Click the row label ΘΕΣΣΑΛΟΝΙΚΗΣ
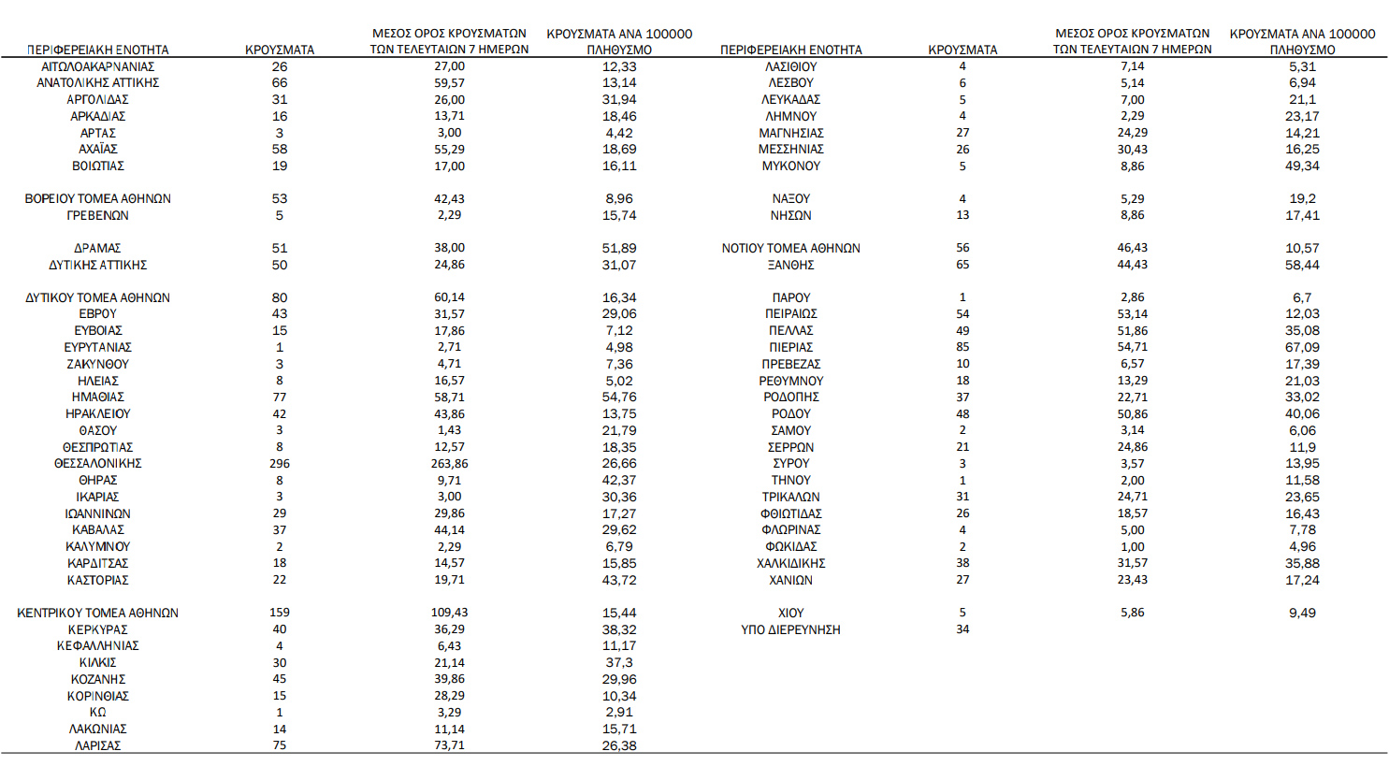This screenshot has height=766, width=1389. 97,464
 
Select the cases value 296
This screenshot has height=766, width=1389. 279,464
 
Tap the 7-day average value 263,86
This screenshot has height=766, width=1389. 449,464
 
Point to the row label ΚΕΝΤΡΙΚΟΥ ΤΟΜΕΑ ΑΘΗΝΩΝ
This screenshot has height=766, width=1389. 97,613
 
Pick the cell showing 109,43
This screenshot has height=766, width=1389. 449,613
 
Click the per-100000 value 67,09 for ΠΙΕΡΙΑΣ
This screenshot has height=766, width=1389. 1302,347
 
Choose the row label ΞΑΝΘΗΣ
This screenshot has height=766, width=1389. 790,265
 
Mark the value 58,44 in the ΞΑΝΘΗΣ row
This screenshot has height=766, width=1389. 1302,265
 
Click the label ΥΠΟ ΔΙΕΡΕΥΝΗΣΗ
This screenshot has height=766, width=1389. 790,629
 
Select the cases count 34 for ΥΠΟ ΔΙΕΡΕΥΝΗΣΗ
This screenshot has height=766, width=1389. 962,629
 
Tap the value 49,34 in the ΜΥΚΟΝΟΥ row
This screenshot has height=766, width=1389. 1302,166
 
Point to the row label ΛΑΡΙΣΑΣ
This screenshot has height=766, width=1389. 97,745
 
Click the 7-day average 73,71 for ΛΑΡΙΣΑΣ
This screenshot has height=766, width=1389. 449,745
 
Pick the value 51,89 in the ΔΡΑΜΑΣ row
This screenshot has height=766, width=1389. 619,248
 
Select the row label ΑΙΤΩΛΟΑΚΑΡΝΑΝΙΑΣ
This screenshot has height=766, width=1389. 97,66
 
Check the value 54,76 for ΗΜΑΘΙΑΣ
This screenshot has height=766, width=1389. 619,397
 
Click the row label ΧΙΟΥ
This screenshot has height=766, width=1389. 790,613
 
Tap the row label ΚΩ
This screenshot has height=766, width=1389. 97,712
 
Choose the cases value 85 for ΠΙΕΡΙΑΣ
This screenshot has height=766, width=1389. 962,347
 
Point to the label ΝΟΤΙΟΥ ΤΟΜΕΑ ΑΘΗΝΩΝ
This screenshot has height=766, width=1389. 790,248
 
